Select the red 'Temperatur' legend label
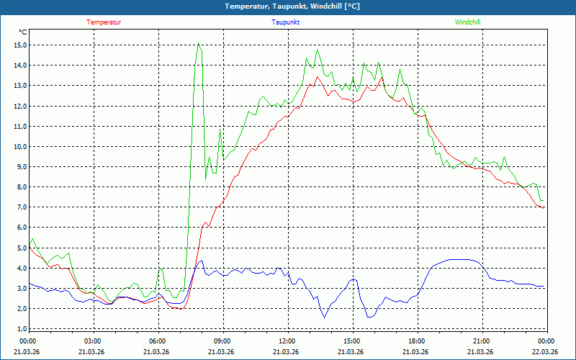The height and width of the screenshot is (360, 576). (104, 22)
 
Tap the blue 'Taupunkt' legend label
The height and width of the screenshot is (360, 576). (286, 22)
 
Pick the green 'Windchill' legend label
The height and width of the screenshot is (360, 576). (467, 22)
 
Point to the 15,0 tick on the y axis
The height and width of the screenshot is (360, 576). (20, 45)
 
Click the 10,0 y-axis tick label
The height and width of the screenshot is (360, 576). (20, 146)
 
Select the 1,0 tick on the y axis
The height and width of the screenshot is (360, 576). (22, 329)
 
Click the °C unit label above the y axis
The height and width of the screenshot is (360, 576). (23, 32)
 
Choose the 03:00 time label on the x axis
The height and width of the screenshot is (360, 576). (92, 341)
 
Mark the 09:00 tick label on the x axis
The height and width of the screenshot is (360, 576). (222, 341)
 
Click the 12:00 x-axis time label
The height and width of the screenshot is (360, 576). (287, 341)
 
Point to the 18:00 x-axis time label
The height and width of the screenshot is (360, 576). (416, 341)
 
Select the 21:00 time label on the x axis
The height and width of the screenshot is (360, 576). (481, 341)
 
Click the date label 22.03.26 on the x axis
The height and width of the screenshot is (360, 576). (546, 351)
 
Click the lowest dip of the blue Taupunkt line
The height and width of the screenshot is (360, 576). (324, 318)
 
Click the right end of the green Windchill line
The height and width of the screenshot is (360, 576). (544, 200)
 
